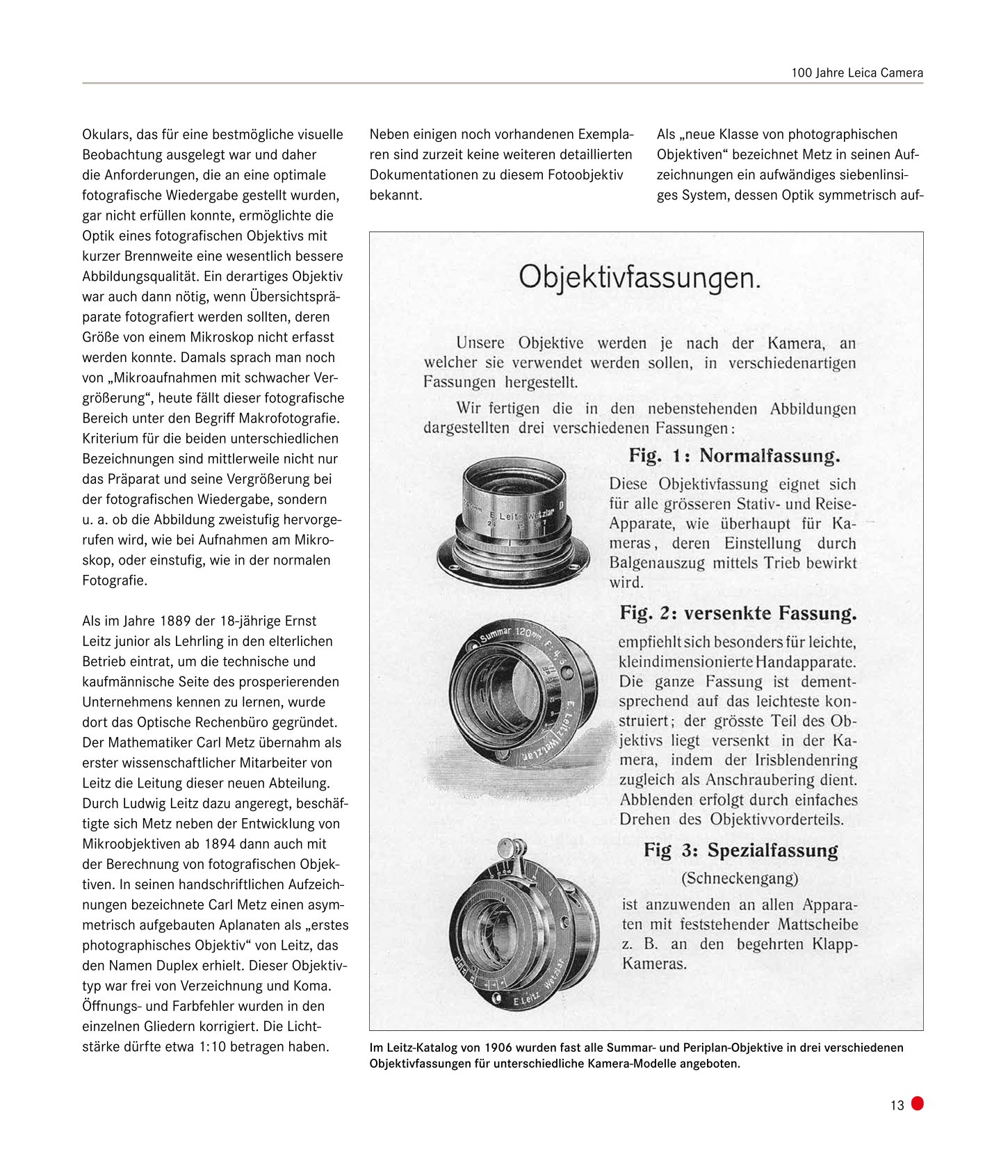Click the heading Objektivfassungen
[x=640, y=278]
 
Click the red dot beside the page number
[x=918, y=1103]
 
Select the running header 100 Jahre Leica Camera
[x=856, y=73]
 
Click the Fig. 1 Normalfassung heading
[x=734, y=456]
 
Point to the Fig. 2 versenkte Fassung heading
[x=738, y=613]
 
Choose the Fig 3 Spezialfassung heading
[x=740, y=850]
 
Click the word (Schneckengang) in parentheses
[x=740, y=878]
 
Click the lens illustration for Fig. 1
[x=513, y=521]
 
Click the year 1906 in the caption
[x=498, y=1048]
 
